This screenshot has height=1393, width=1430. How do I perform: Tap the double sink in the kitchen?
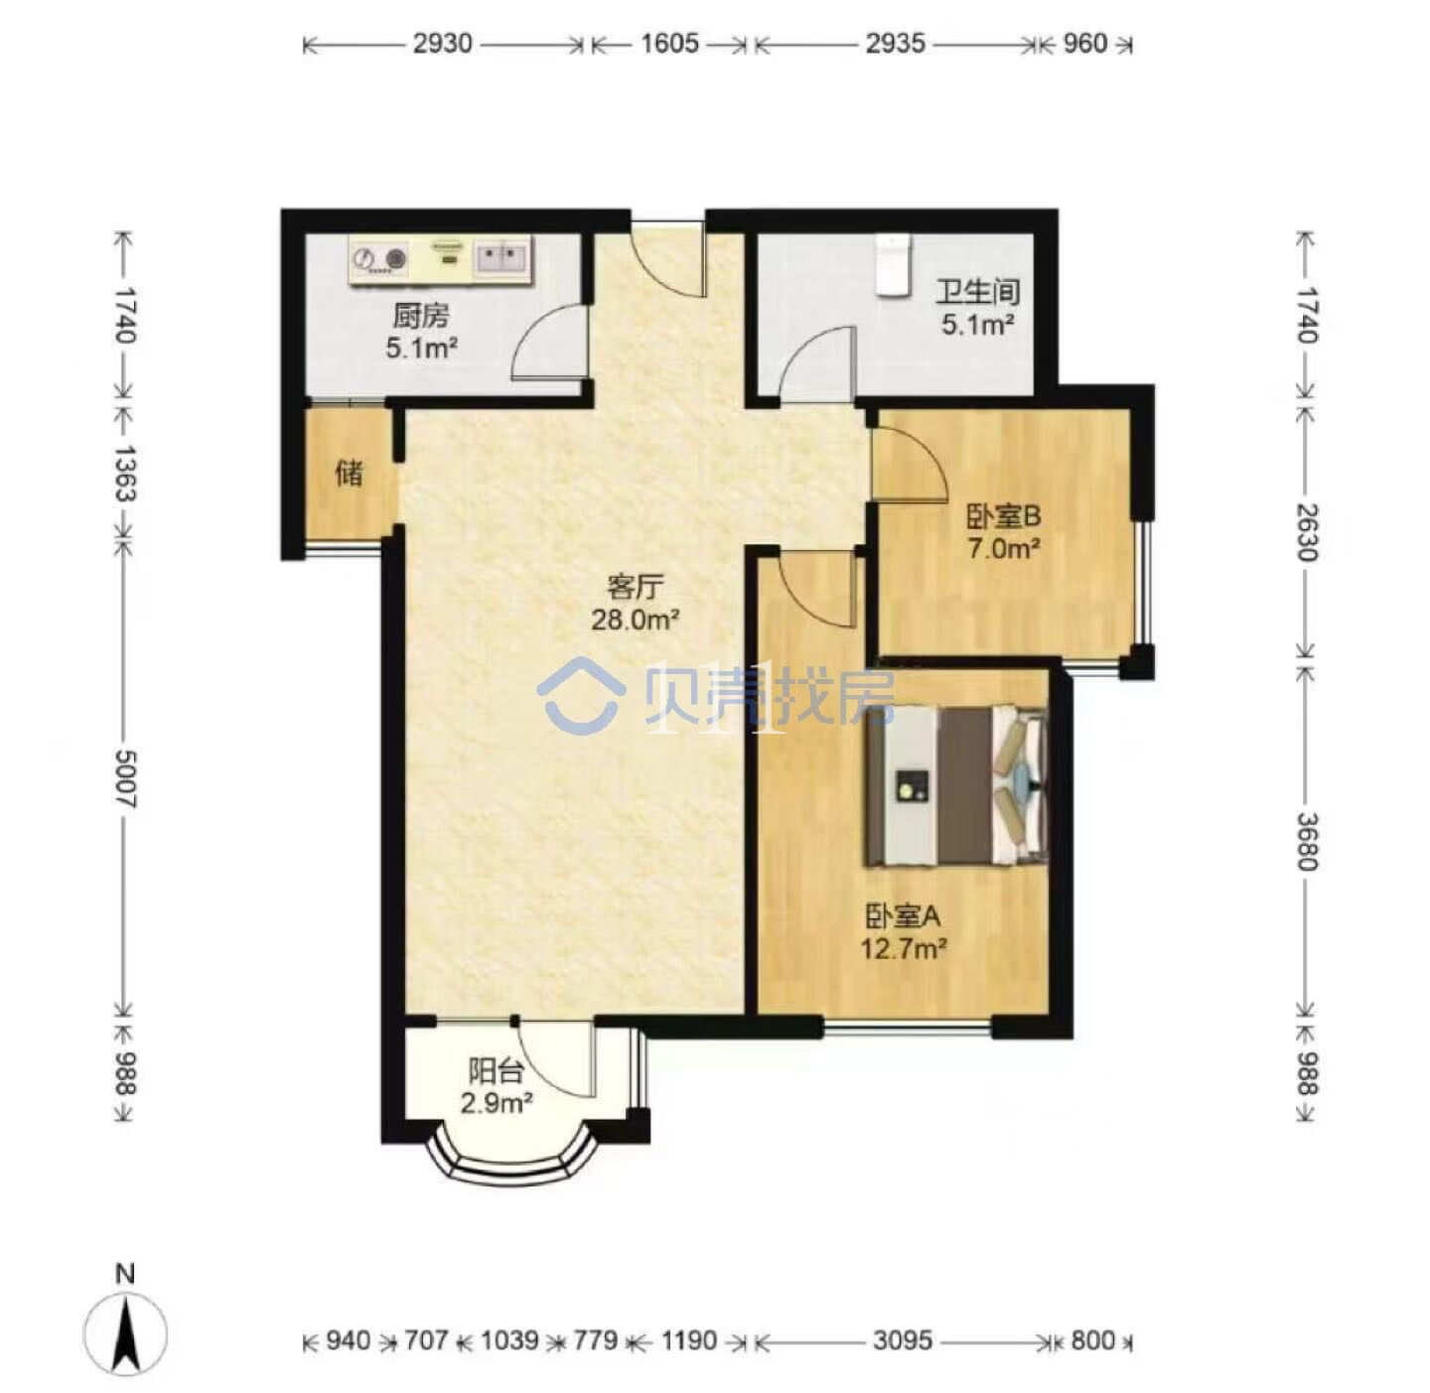click(x=502, y=258)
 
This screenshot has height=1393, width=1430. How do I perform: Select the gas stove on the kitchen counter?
click(x=379, y=259)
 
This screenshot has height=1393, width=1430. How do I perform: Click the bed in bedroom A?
click(x=956, y=785)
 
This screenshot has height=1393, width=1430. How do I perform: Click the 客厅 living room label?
click(x=635, y=587)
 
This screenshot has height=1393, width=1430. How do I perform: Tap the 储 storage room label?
click(x=349, y=474)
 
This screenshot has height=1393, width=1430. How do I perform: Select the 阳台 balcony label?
click(x=496, y=1072)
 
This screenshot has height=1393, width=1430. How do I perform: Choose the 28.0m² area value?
click(x=635, y=621)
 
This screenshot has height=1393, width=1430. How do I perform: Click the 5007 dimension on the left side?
click(x=126, y=778)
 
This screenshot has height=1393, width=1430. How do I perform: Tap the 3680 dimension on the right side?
click(x=1306, y=841)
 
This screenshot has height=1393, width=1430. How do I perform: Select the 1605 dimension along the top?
click(x=669, y=44)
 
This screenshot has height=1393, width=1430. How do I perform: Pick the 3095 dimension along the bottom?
click(x=903, y=1340)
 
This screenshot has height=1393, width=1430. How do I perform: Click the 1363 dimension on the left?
click(x=126, y=474)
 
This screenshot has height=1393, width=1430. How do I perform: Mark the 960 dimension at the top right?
click(x=1084, y=44)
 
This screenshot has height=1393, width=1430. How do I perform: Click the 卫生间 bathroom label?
click(x=977, y=293)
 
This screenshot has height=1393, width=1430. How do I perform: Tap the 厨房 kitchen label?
click(x=420, y=317)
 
